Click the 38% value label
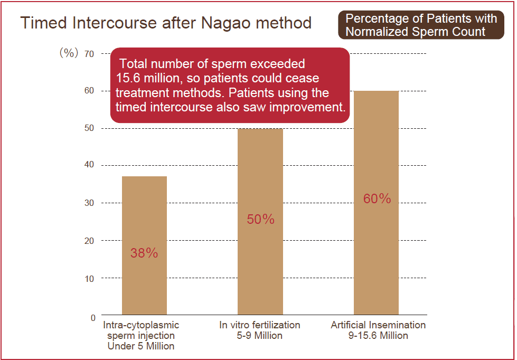144,253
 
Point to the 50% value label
260,219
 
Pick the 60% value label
377,199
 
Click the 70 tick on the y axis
89,53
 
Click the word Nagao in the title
224,23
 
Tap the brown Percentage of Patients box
421,25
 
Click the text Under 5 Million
141,346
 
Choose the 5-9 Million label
259,336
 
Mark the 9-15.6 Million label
378,336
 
